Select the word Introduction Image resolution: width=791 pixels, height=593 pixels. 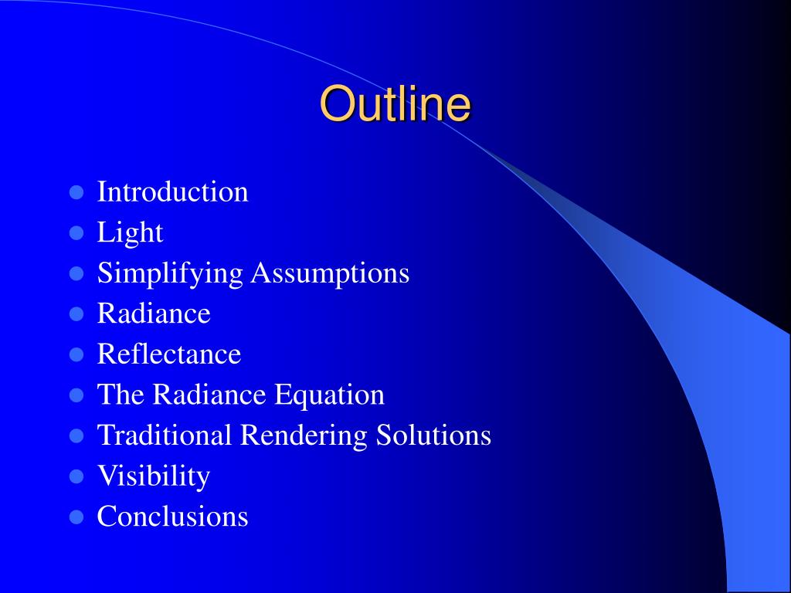[172, 192]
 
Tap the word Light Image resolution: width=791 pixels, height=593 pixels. [130, 232]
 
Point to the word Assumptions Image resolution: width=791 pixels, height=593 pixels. [330, 273]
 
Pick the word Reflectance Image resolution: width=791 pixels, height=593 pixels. [168, 354]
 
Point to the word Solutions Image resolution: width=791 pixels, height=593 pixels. [433, 435]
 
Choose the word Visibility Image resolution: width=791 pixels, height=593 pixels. [153, 476]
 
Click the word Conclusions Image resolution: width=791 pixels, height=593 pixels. [172, 516]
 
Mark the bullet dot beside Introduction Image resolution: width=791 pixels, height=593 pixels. [76, 192]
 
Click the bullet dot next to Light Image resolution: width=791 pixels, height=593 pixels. [76, 232]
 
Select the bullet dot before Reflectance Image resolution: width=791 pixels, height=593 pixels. [76, 354]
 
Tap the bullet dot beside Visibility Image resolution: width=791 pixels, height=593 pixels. [76, 476]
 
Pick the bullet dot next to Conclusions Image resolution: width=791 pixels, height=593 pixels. [76, 517]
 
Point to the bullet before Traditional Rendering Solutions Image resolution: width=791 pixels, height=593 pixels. [76, 435]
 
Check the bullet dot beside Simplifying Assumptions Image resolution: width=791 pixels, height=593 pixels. [76, 273]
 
